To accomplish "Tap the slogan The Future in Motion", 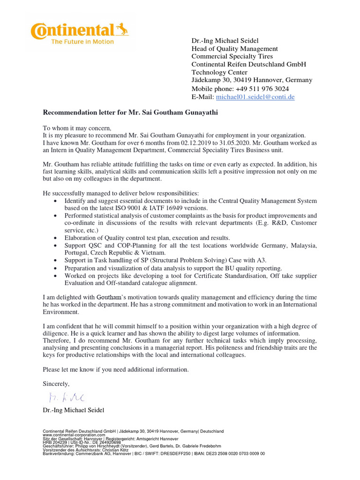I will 82,42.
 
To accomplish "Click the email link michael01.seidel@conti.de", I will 255,97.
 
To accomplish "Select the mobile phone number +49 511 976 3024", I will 262,89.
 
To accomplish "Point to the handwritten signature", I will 66,397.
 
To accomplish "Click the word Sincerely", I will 56,383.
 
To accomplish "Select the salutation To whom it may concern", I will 78,128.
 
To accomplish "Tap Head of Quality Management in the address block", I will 234,49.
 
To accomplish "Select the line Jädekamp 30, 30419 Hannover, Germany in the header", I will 252,80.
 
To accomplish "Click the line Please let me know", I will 116,369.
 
